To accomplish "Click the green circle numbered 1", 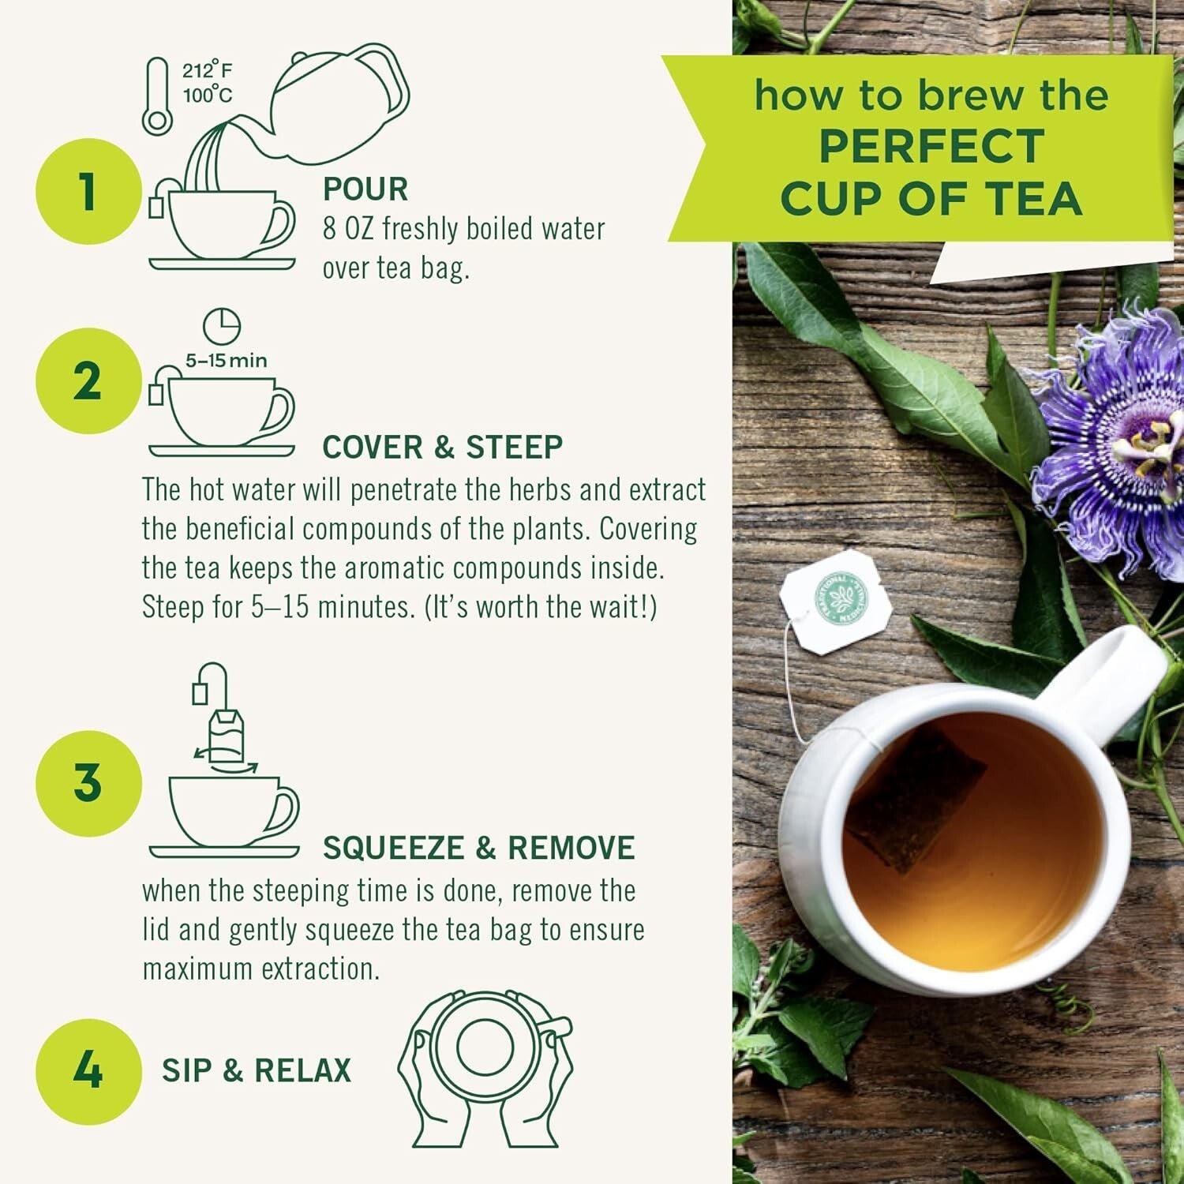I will pyautogui.click(x=88, y=192).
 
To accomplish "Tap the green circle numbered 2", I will pyautogui.click(x=88, y=381).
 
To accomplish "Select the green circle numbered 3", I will pyautogui.click(x=88, y=783).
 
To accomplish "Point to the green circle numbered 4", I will pyautogui.click(x=88, y=1071).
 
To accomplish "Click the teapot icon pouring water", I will pyautogui.click(x=339, y=107).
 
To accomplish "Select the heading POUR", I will pyautogui.click(x=365, y=189).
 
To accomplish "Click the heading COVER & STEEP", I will pyautogui.click(x=442, y=448).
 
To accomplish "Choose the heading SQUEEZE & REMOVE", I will pyautogui.click(x=478, y=849).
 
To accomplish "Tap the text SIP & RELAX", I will pyautogui.click(x=257, y=1071).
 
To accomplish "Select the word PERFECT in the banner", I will pyautogui.click(x=931, y=147).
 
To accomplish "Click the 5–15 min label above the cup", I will pyautogui.click(x=226, y=361).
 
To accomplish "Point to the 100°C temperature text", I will pyautogui.click(x=208, y=96).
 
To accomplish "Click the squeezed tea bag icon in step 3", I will pyautogui.click(x=227, y=734).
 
